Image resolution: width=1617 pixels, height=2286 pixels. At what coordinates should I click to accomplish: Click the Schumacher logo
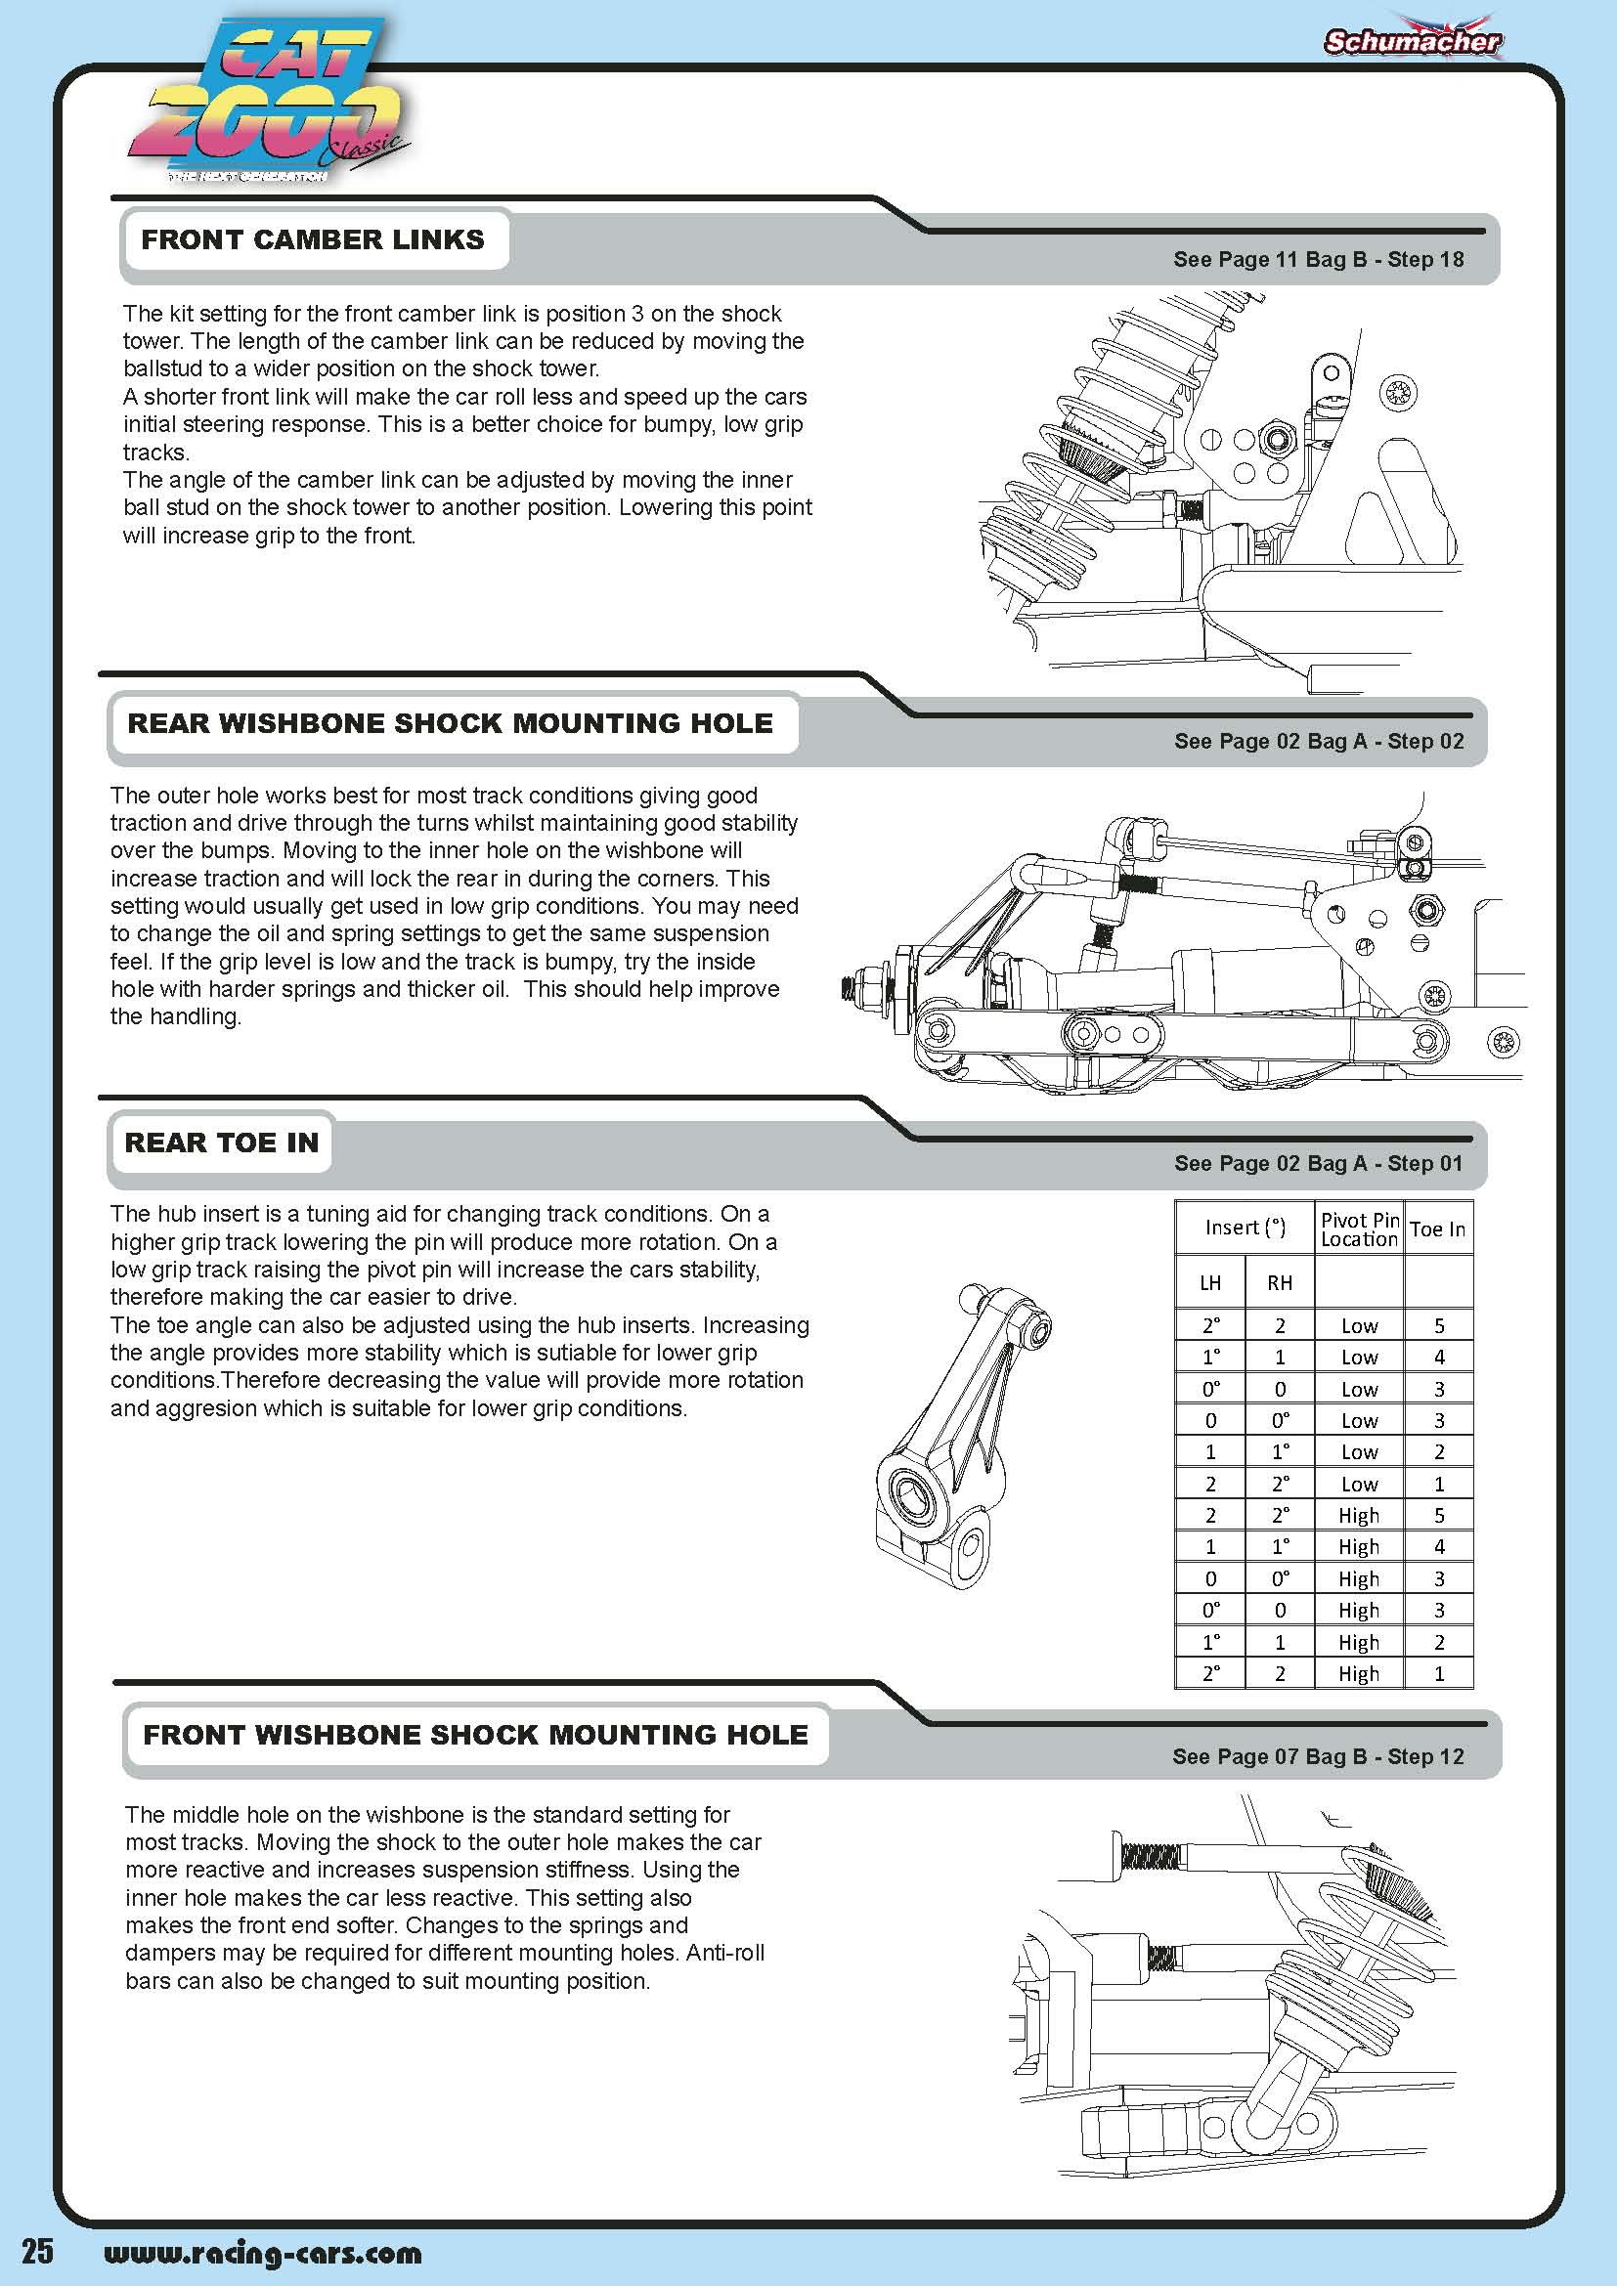[x=1412, y=41]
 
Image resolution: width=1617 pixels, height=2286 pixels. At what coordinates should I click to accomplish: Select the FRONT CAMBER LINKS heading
[x=313, y=240]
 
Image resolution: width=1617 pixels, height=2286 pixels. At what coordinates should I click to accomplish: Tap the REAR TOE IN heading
[x=221, y=1143]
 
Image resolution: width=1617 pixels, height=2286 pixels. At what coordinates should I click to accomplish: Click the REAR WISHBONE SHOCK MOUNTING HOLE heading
[x=450, y=724]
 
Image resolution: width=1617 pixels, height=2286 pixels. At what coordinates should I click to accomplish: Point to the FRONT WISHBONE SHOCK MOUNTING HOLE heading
[x=475, y=1735]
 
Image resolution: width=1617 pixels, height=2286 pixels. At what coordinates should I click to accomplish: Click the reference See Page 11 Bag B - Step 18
[x=1318, y=260]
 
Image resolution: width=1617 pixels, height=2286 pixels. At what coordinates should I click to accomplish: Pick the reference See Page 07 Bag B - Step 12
[x=1318, y=1756]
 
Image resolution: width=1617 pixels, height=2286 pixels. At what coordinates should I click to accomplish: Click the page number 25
[x=38, y=2252]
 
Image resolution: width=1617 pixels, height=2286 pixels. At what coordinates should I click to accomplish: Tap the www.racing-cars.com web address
[x=263, y=2253]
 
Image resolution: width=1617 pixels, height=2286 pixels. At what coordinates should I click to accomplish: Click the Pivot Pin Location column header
[x=1359, y=1229]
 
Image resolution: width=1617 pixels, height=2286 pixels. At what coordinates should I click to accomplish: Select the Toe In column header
[x=1438, y=1229]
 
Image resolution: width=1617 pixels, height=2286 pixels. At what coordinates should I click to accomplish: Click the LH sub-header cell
[x=1209, y=1283]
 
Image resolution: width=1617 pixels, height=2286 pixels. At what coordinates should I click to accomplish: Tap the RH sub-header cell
[x=1280, y=1283]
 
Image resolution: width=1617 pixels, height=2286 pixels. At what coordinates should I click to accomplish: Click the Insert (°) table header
[x=1245, y=1228]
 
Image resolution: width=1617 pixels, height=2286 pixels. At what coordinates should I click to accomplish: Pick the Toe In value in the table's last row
[x=1439, y=1673]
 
